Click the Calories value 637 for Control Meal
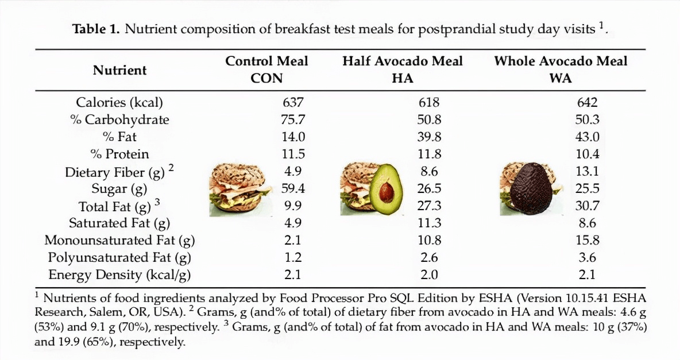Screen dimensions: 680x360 point(293,102)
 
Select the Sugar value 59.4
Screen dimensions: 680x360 point(293,188)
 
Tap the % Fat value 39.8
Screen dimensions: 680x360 point(430,137)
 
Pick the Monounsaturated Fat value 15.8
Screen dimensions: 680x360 point(587,240)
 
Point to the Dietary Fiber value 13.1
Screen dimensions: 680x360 point(587,171)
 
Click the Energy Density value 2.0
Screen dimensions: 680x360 point(430,274)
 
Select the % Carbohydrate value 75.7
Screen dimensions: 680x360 point(293,119)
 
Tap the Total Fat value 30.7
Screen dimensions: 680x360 point(587,205)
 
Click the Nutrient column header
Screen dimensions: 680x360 point(119,70)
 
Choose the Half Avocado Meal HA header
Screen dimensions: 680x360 point(403,69)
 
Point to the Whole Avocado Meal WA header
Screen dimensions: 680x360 point(561,69)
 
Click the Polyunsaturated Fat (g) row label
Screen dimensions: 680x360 point(119,258)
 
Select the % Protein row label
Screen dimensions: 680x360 point(119,154)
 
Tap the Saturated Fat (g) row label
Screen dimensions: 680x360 point(119,223)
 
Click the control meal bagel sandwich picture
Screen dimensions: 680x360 point(241,189)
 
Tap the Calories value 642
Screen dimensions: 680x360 point(587,102)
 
